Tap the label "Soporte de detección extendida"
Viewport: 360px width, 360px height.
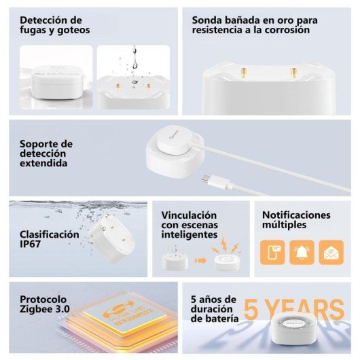coord(44,154)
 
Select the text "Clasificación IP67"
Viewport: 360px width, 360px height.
coord(49,238)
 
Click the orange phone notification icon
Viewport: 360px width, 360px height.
coord(273,253)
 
